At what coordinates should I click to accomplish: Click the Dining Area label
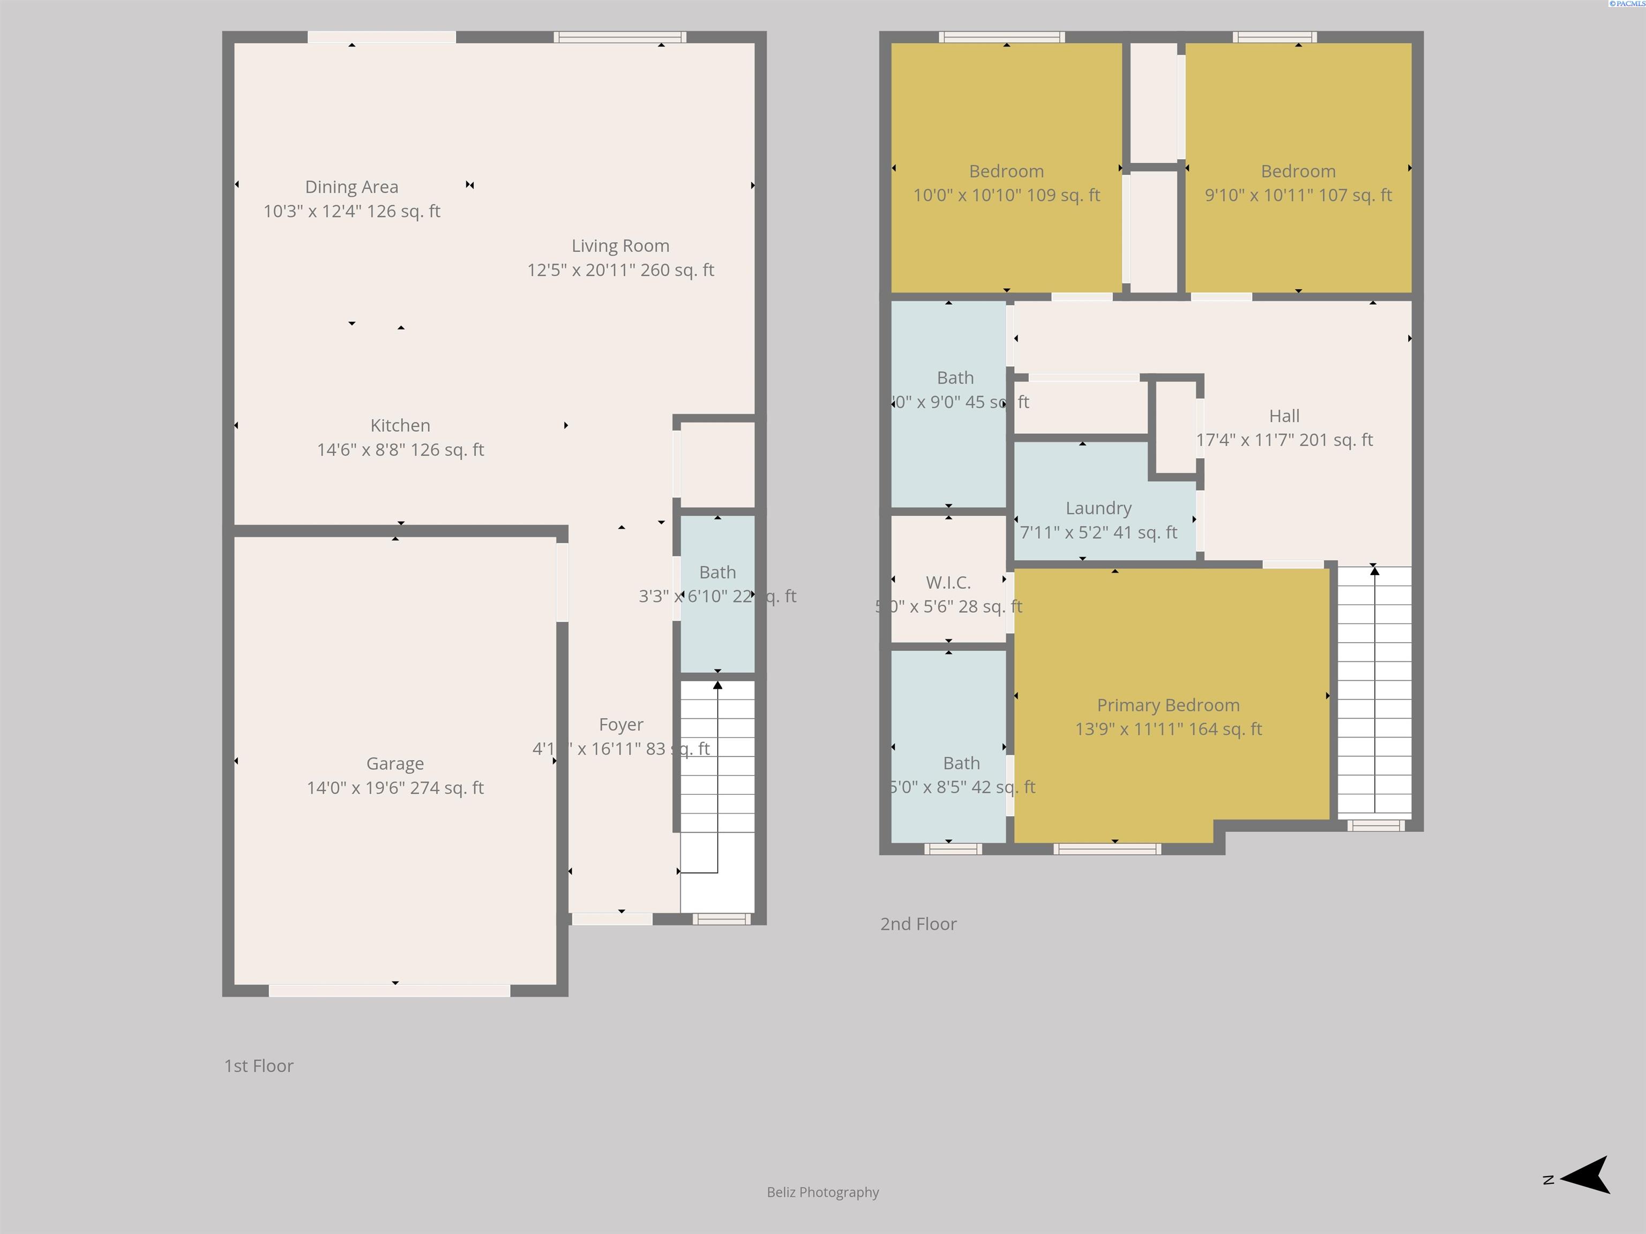[x=351, y=187]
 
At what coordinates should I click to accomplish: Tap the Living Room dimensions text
[x=620, y=270]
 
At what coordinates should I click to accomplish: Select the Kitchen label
[x=400, y=425]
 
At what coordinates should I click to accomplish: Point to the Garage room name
[x=395, y=763]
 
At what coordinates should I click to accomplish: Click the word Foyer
[x=620, y=725]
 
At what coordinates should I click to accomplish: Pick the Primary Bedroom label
[x=1168, y=705]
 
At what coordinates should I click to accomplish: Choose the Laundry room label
[x=1098, y=508]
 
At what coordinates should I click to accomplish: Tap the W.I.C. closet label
[x=948, y=582]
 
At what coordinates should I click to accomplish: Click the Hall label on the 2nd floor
[x=1284, y=416]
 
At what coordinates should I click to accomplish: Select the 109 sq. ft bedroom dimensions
[x=1006, y=195]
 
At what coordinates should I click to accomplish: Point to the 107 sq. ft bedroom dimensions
[x=1298, y=195]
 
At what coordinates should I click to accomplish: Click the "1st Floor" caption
[x=259, y=1066]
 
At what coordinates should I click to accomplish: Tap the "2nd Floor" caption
[x=918, y=924]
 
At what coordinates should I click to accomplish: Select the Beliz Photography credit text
[x=822, y=1192]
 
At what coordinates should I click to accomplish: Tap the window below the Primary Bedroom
[x=1108, y=849]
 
